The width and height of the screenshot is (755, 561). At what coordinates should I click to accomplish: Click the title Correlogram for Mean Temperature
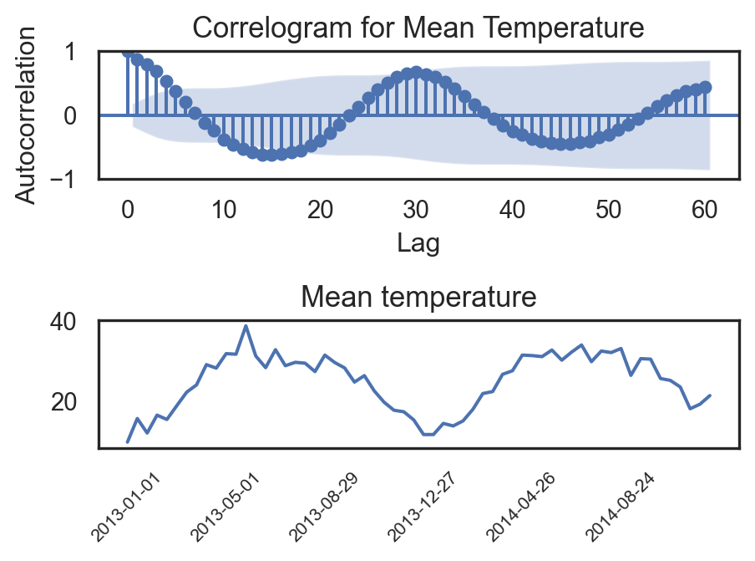click(418, 28)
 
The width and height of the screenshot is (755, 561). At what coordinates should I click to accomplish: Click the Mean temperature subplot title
click(418, 297)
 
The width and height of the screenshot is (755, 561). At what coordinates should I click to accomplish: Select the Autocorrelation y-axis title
click(28, 115)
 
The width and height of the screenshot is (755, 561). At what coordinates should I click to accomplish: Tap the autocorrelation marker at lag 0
click(128, 51)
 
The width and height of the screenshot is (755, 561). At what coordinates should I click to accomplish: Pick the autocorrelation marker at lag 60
click(706, 87)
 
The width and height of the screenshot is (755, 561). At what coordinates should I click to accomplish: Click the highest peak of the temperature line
click(246, 326)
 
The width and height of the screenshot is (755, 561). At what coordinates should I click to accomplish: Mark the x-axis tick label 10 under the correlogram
click(224, 209)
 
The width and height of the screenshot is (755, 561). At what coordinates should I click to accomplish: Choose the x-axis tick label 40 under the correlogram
click(513, 209)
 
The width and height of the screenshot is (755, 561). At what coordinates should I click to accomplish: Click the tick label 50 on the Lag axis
click(609, 209)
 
